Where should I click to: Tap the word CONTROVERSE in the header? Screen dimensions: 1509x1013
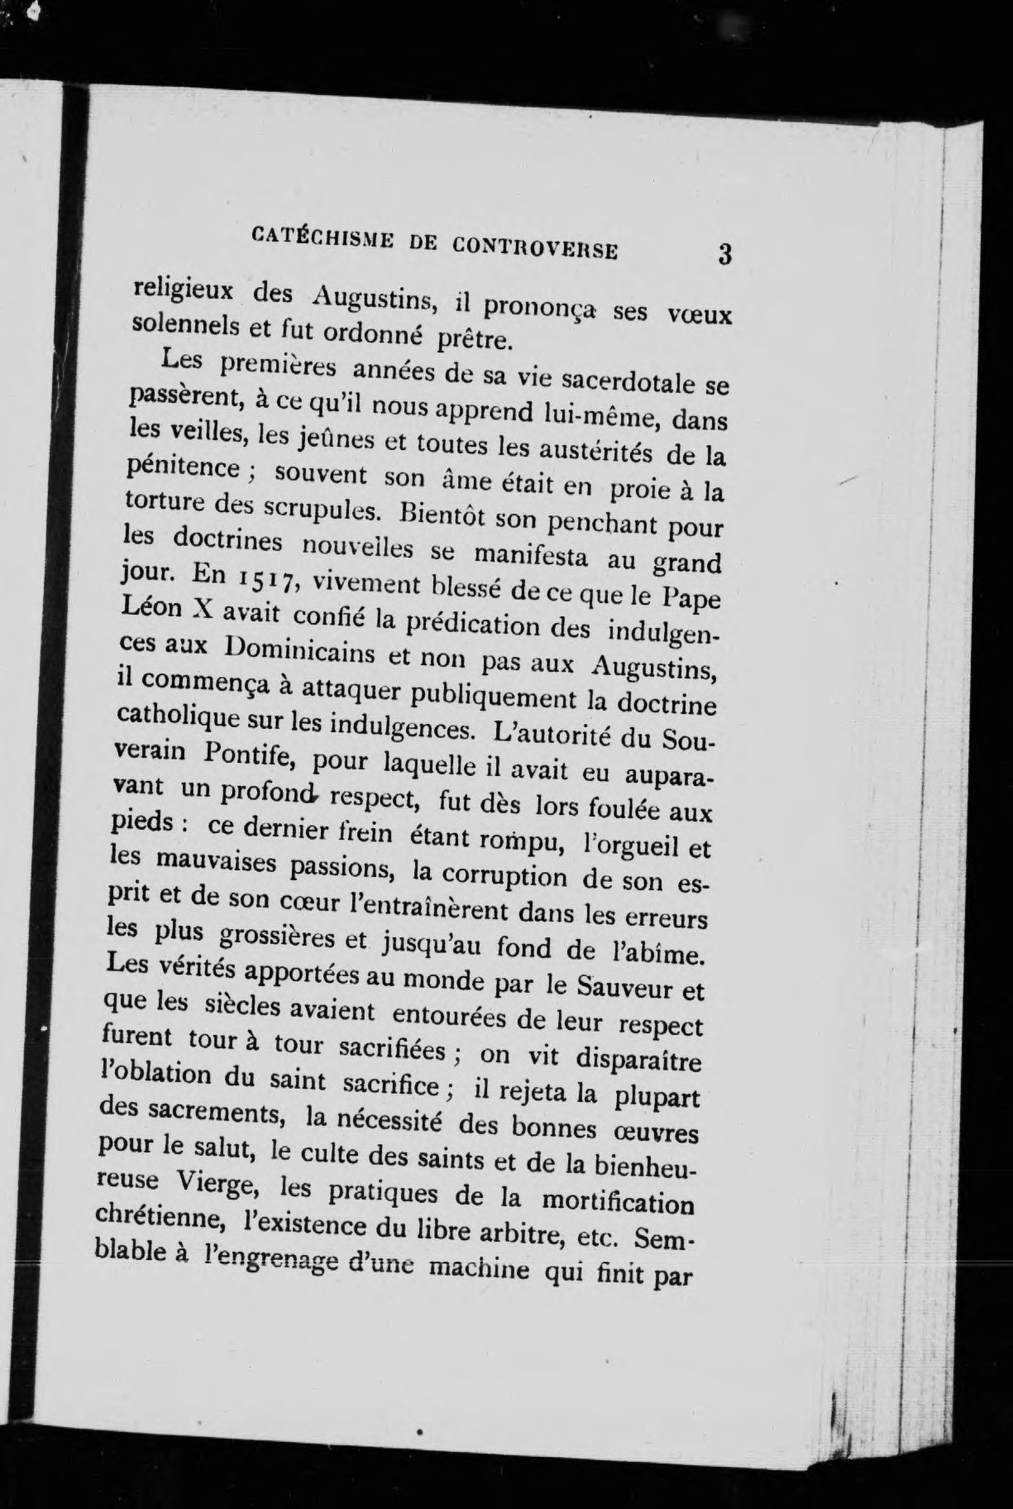pyautogui.click(x=535, y=247)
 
